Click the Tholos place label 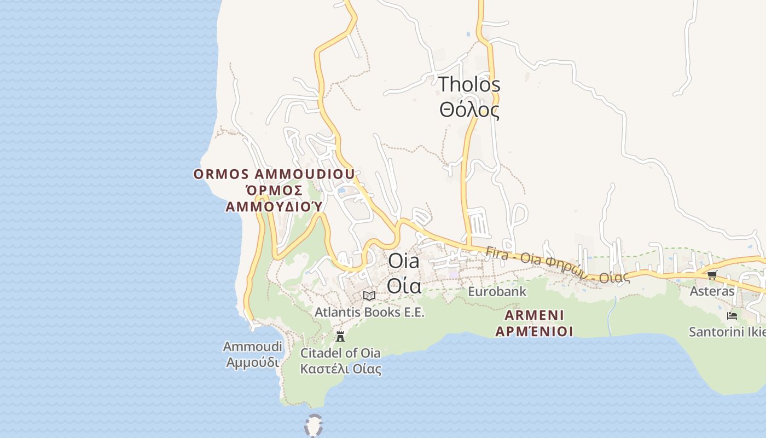469,85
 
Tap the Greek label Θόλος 469,110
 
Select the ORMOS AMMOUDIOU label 274,174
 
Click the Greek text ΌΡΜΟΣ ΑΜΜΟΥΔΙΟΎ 274,198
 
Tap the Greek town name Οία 404,286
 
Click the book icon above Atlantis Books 369,296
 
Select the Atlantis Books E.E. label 369,312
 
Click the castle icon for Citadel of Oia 340,336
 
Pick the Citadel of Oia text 340,353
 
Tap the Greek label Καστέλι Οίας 340,368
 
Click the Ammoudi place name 252,347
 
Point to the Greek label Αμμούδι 252,362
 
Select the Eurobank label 497,291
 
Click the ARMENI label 534,315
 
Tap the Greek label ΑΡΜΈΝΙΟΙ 534,331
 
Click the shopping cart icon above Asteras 712,275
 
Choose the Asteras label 712,291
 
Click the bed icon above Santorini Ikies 732,316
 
